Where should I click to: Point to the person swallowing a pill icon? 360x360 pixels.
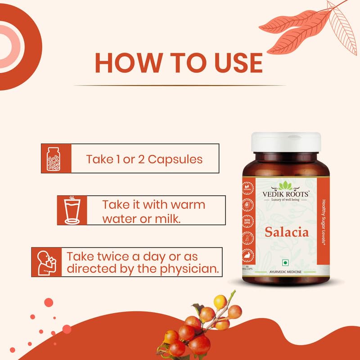coord(45,262)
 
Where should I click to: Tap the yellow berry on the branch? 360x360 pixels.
coord(220,301)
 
